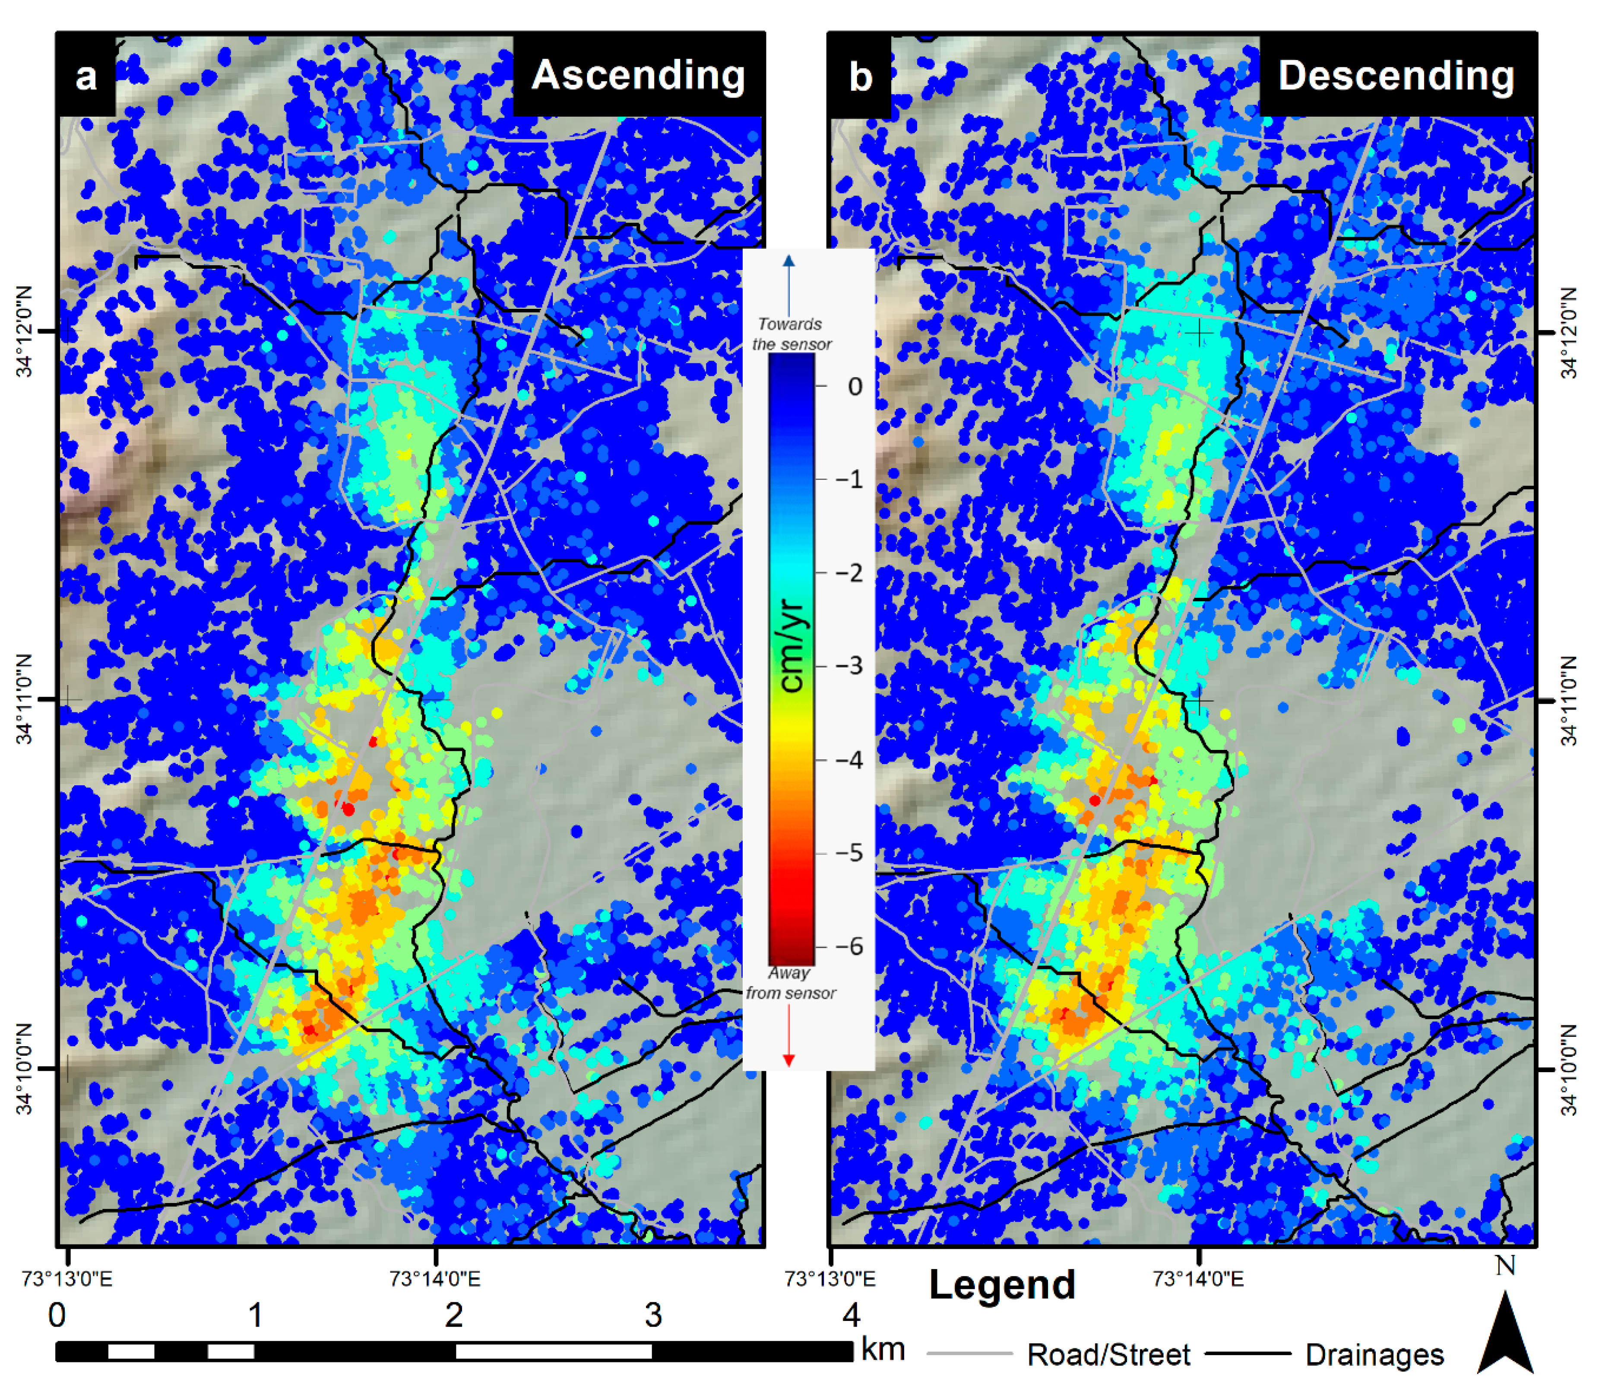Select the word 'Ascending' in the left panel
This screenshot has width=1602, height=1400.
638,76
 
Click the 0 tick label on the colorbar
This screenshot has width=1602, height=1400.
855,386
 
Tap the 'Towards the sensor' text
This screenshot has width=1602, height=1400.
791,333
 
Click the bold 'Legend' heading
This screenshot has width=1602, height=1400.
1002,1285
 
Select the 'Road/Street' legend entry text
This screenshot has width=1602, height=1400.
1108,1355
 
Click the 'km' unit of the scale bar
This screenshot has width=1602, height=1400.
883,1349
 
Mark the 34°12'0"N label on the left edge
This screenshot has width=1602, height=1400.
25,331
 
